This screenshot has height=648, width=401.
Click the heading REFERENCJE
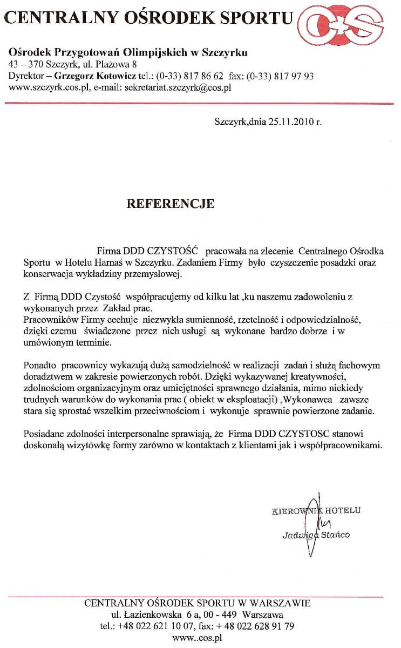170,204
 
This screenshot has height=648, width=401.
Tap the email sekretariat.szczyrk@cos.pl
178,87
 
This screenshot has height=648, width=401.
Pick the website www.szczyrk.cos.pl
48,87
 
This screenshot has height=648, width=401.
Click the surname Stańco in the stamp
335,535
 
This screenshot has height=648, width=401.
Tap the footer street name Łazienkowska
154,615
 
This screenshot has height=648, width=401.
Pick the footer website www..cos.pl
198,638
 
